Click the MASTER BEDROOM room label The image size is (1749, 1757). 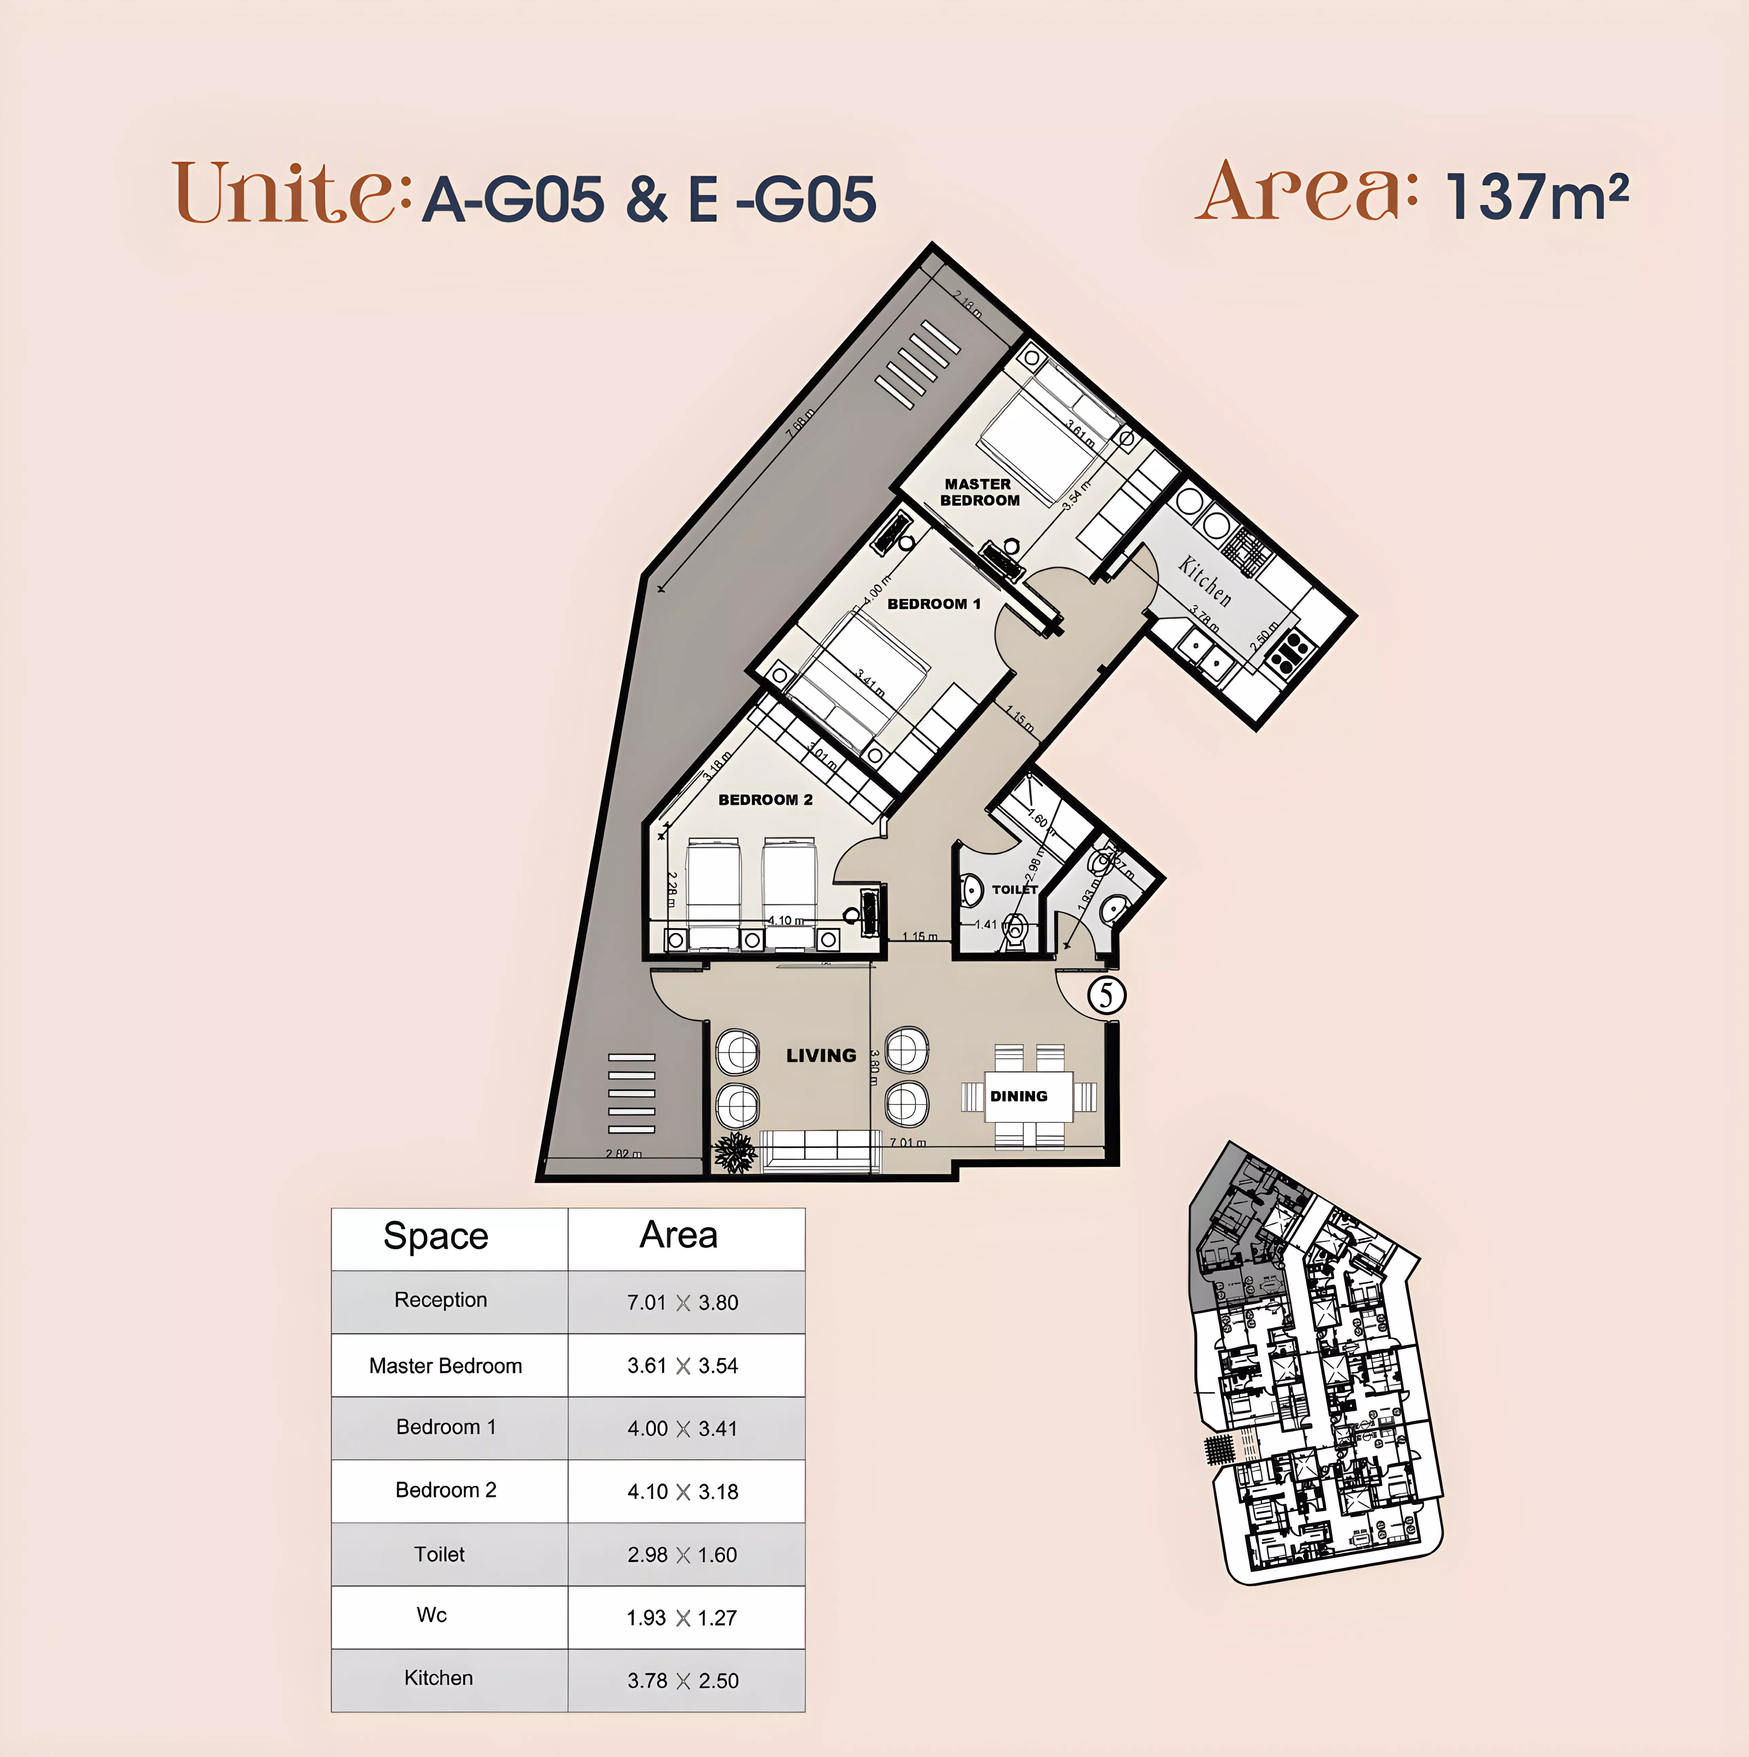(980, 492)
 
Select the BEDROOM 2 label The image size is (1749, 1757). (765, 799)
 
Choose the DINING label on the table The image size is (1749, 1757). (1019, 1096)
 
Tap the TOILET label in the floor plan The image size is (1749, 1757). (1014, 889)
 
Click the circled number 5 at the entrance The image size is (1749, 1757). (1106, 994)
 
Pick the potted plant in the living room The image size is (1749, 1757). (735, 1153)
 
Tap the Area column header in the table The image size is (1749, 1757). (679, 1235)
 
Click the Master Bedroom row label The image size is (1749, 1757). (446, 1365)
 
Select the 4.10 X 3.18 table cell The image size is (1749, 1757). (682, 1491)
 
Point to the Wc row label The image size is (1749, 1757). (432, 1615)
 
